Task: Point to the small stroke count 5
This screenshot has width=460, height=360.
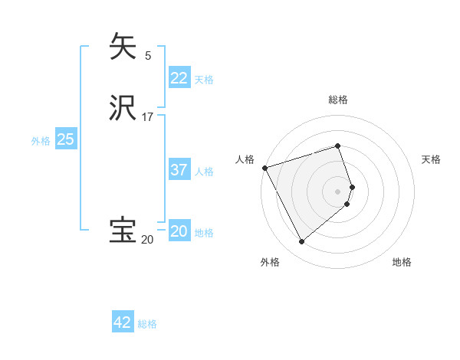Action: click(x=148, y=55)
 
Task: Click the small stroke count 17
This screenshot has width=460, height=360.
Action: click(x=148, y=117)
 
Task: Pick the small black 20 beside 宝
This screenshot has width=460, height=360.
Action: click(x=147, y=240)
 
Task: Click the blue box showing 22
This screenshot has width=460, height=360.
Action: click(x=179, y=78)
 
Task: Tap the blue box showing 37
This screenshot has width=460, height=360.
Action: click(x=179, y=170)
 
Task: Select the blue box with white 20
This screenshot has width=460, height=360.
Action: click(x=179, y=231)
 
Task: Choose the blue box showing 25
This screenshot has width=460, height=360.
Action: click(x=65, y=139)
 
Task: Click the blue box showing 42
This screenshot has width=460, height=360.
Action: click(x=123, y=322)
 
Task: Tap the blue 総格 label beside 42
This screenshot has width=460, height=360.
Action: click(x=147, y=324)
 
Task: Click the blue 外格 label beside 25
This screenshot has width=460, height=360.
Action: click(x=41, y=141)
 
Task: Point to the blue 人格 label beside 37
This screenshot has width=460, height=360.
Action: click(x=204, y=172)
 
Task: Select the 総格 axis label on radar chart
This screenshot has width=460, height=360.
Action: click(x=338, y=100)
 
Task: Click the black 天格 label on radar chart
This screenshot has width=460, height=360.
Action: click(x=431, y=159)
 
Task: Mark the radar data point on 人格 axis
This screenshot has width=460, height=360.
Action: click(x=264, y=168)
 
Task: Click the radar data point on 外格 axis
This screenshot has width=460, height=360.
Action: click(x=301, y=242)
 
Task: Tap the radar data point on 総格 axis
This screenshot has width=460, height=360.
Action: click(x=338, y=146)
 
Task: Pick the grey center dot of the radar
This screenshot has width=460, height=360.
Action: click(x=338, y=191)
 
